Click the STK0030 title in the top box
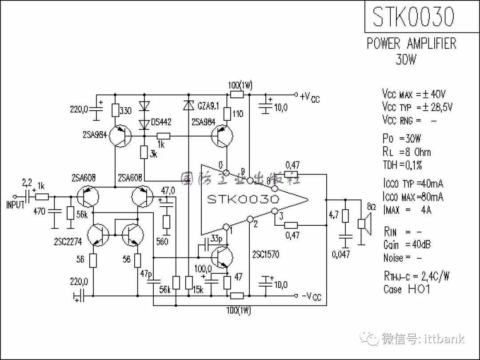coord(413,17)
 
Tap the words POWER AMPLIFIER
coord(411,44)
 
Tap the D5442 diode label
coord(161,121)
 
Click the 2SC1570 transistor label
coord(266,255)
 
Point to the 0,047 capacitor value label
coord(340,254)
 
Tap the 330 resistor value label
coord(126,111)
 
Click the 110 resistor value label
coord(238,114)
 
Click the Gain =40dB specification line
coord(407,244)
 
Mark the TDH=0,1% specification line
coord(402,165)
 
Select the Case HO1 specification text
coord(407,289)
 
